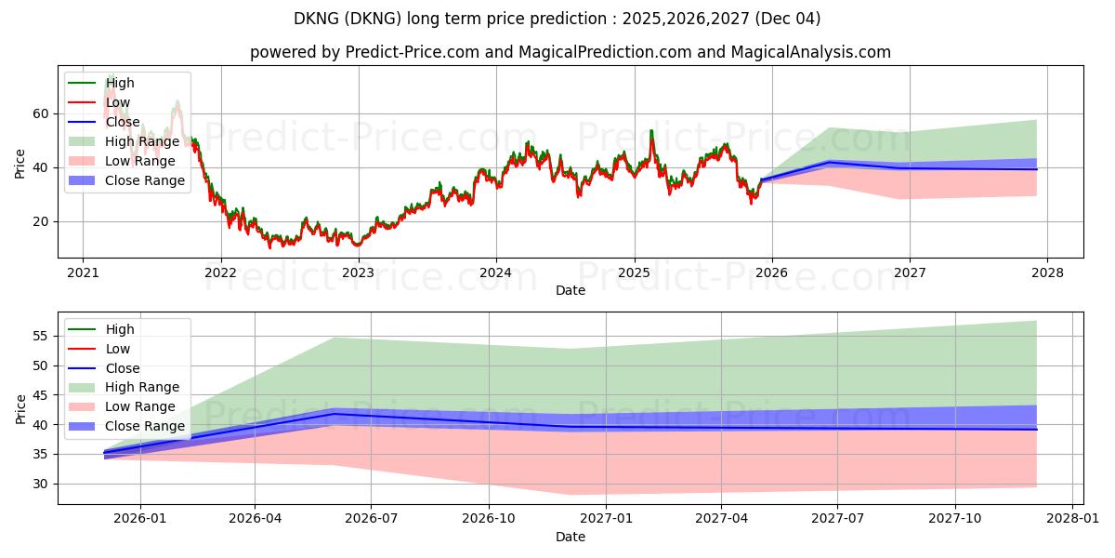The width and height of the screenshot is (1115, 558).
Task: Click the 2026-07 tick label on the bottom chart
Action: click(371, 518)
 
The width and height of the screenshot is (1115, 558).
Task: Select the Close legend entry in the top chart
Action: click(123, 122)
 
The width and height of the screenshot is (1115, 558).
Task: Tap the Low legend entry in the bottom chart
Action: click(118, 349)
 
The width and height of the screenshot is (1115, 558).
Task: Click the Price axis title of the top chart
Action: click(20, 162)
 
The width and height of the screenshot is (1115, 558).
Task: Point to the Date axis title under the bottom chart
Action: click(571, 537)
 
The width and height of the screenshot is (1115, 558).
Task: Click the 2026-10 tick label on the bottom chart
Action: click(489, 518)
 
